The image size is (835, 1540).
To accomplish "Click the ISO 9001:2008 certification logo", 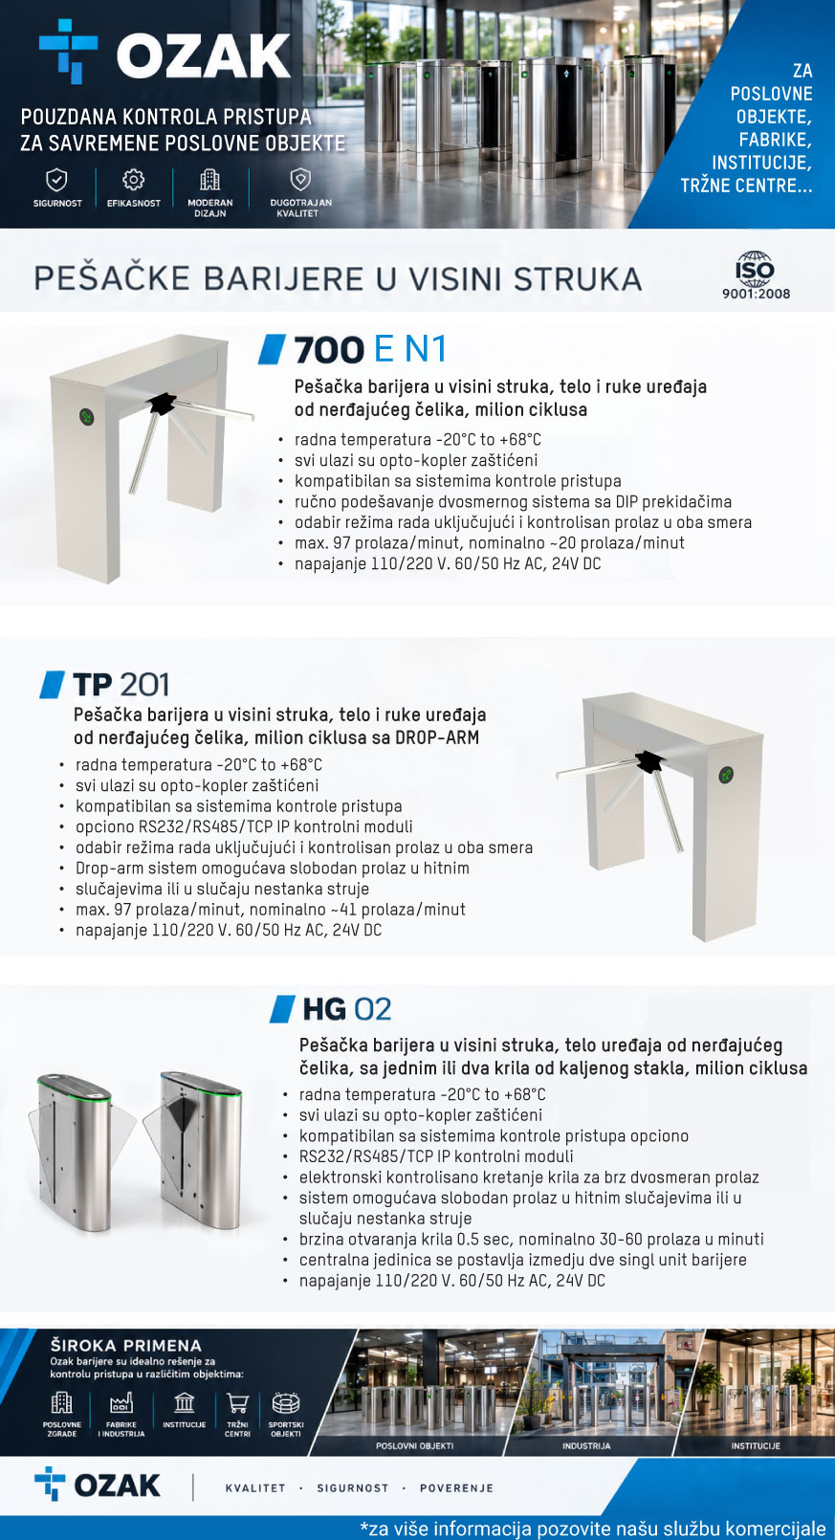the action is coord(756,275).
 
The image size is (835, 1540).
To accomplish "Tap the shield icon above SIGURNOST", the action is coord(56,180).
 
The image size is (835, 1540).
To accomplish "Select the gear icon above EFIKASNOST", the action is coord(133,180).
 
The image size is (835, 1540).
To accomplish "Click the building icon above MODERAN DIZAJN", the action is coord(209,180).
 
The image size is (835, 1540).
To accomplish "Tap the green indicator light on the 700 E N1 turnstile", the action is coord(87,417).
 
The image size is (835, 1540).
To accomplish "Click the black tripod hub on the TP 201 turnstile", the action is coord(648,761).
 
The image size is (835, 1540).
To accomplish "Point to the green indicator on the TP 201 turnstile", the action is coord(726,776).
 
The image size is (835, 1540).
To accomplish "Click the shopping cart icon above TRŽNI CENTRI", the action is coord(238,1403).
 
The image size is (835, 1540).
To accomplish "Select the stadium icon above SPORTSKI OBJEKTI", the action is coord(286,1403).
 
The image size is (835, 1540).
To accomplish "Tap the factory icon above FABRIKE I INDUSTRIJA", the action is coord(121,1403).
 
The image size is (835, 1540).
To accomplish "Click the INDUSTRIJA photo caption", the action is coord(586,1446).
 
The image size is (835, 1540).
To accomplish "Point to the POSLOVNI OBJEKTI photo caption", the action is coord(414,1446).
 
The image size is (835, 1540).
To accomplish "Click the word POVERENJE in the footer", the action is coord(456,1487).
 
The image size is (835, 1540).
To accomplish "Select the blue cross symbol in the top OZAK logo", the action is coord(68,50).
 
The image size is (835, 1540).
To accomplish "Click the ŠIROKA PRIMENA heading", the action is coord(125,1346).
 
